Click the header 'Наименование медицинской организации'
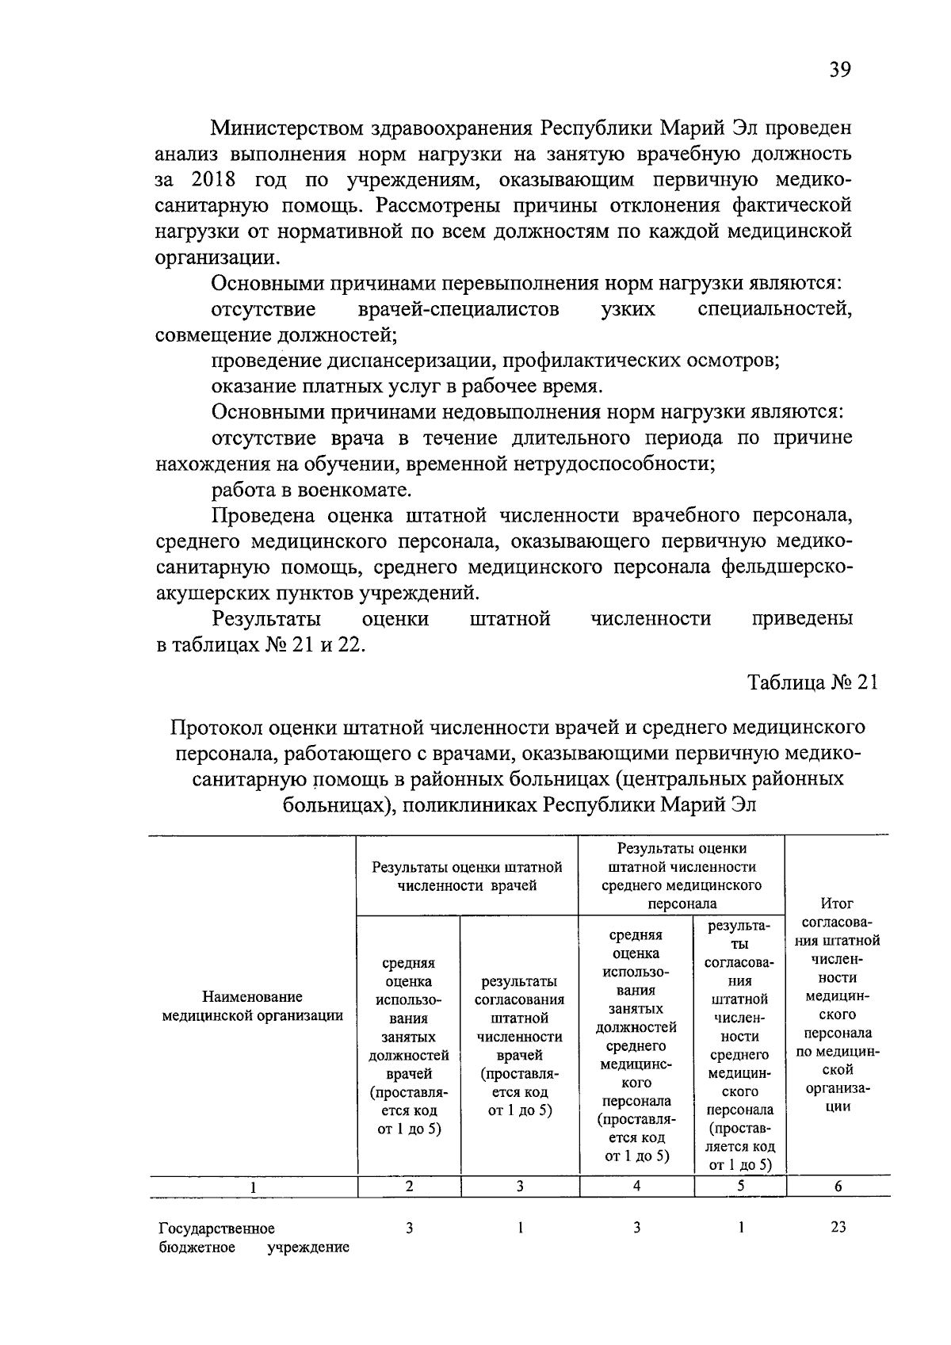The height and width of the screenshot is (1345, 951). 252,1006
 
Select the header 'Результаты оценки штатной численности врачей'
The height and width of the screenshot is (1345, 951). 467,876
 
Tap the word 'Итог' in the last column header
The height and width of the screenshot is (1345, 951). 838,903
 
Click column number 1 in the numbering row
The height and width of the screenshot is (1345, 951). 253,1187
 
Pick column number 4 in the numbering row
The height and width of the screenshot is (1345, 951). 637,1186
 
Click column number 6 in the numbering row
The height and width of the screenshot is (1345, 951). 838,1186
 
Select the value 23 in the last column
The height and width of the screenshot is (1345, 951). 838,1227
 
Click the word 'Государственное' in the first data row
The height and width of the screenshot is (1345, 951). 217,1228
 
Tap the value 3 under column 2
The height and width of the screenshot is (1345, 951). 409,1228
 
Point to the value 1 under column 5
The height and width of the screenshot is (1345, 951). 740,1227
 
